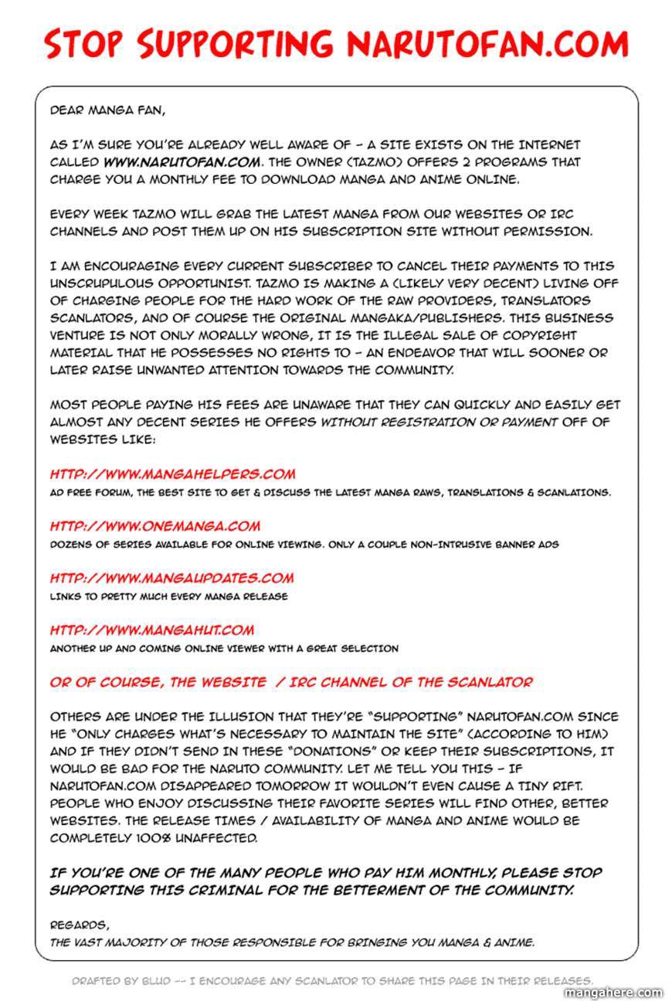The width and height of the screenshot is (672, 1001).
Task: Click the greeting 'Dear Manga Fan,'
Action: point(107,110)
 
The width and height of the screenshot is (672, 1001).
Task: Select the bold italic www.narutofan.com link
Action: point(182,162)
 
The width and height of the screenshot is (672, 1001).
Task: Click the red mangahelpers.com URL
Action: point(172,474)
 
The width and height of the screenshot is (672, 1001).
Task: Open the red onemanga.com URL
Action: point(155,526)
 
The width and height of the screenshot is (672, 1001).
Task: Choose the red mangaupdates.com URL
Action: point(171,578)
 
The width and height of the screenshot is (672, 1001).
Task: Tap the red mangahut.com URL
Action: point(152,630)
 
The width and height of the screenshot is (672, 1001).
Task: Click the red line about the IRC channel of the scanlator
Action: point(291,682)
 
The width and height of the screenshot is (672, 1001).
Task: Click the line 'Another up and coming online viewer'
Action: point(224,649)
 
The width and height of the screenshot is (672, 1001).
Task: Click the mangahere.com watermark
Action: point(614,993)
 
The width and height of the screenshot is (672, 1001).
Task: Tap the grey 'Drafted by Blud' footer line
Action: point(332,981)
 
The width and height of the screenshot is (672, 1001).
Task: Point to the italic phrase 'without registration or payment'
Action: point(438,422)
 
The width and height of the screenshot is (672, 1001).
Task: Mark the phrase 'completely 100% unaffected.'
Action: point(154,838)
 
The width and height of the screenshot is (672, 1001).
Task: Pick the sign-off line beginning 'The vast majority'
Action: point(292,942)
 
